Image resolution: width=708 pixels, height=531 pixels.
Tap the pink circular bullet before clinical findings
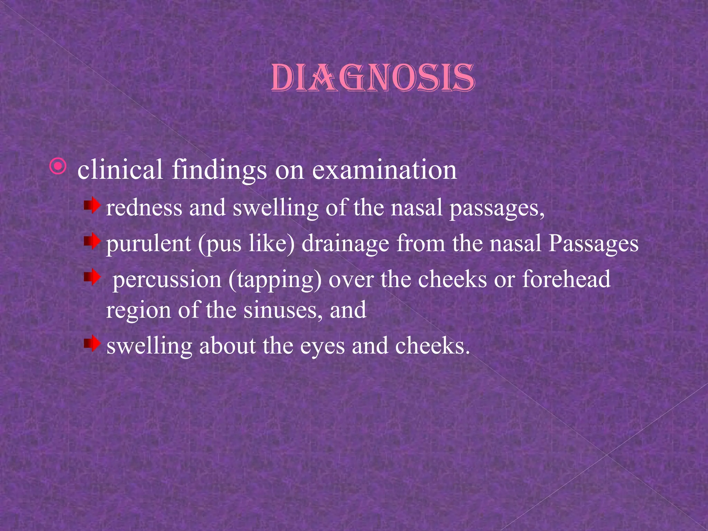[58, 167]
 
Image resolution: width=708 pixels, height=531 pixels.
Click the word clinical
[120, 170]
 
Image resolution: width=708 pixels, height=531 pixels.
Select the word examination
[384, 170]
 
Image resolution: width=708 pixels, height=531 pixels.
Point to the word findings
[219, 170]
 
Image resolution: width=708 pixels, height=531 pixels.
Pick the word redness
[144, 208]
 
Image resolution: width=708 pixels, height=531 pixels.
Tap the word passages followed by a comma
[497, 209]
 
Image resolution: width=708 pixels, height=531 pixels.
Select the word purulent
[148, 244]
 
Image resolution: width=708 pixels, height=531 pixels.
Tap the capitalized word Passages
[593, 244]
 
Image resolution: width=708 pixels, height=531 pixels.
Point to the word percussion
[167, 280]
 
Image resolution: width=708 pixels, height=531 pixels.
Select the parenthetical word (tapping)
[274, 280]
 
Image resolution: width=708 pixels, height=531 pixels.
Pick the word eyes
[322, 346]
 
